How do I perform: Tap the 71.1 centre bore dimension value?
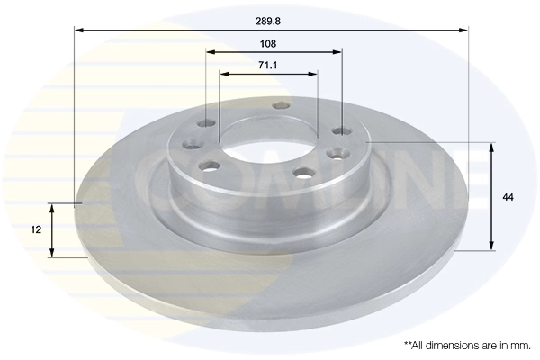tap(267, 66)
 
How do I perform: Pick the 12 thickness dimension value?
tap(36, 231)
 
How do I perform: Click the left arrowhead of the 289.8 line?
tap(78, 31)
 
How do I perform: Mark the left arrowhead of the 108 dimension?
tap(211, 52)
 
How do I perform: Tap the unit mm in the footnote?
tap(518, 345)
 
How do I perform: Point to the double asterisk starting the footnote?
tap(408, 344)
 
